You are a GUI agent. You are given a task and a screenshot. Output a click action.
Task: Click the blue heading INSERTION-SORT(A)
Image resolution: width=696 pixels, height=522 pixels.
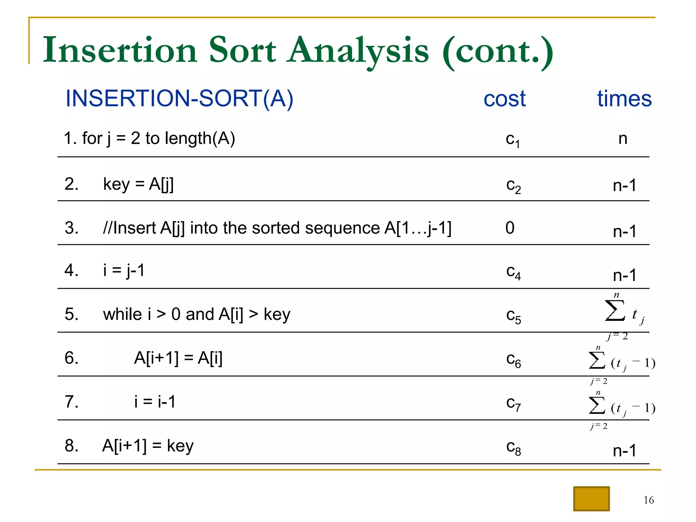pos(179,99)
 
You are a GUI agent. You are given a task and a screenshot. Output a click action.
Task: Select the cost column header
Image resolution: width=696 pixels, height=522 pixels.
pos(504,99)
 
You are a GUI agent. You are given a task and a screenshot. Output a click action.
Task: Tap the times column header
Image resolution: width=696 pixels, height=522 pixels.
pos(624,99)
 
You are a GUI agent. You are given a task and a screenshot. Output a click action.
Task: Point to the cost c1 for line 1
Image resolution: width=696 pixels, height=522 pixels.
pos(512,140)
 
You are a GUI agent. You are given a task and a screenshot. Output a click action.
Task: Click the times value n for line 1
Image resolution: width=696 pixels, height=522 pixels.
pos(623,138)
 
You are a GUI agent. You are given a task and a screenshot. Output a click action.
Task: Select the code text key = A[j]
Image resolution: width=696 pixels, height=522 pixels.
pos(138,185)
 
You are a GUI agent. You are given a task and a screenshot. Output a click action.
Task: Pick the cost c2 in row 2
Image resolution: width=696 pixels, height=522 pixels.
pos(513,186)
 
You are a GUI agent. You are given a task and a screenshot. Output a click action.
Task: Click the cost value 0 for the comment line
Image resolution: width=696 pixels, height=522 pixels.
pos(510,228)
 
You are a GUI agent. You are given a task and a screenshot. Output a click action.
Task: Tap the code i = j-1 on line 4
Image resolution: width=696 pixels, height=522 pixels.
pos(124,271)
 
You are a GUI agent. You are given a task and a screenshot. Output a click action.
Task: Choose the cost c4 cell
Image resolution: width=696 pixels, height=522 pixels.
pos(513,272)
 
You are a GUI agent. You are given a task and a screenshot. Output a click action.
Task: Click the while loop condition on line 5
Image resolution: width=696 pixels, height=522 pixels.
pos(197,314)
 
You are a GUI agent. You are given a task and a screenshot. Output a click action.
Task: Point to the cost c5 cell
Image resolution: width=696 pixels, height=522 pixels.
pos(513,316)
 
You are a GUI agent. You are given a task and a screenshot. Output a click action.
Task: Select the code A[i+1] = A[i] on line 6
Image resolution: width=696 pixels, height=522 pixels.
pos(178,358)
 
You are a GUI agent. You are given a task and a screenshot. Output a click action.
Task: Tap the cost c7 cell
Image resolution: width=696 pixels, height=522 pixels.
pos(513,404)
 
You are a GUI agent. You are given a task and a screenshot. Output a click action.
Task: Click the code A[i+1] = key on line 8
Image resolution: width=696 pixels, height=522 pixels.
pos(148,446)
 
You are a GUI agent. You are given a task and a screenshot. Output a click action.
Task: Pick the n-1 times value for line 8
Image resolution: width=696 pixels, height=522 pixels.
pos(624,451)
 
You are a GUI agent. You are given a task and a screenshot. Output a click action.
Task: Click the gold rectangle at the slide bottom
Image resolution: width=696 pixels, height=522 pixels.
pos(591,499)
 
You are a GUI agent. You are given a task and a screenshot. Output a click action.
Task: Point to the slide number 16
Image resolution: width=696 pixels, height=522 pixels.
pos(648,500)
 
